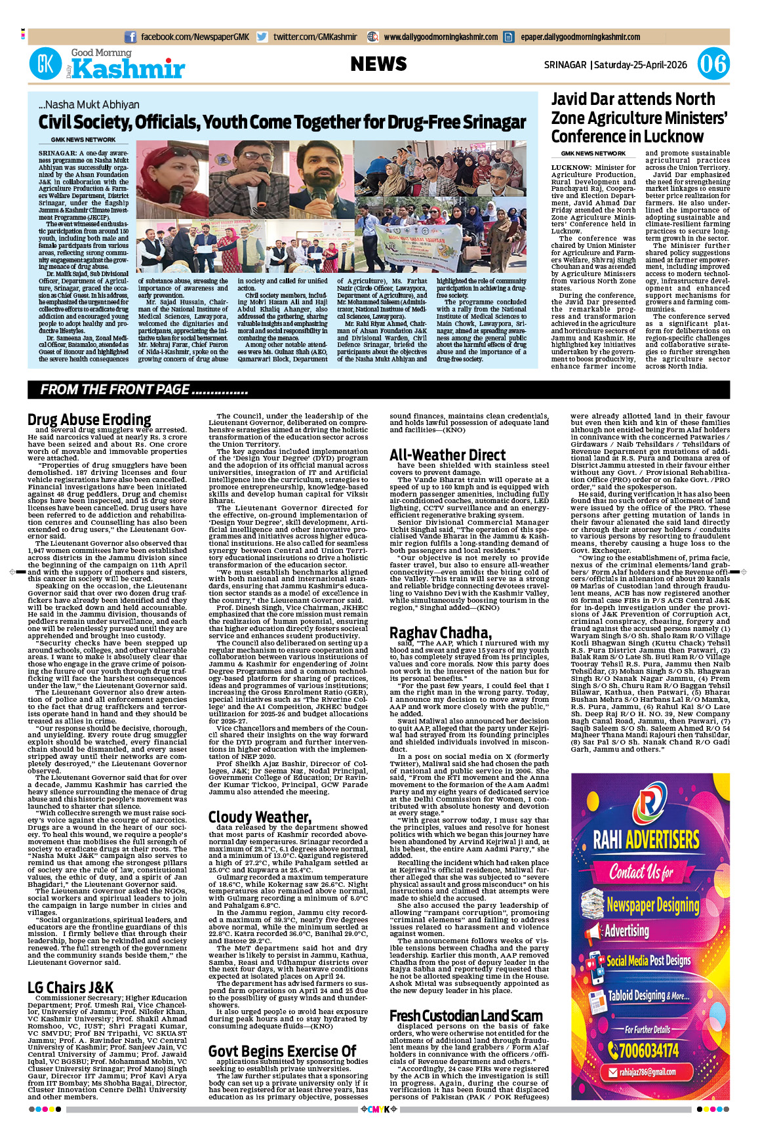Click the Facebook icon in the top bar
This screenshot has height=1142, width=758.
[x=130, y=37]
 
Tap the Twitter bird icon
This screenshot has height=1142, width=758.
[x=262, y=37]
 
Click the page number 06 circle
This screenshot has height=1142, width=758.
[x=713, y=64]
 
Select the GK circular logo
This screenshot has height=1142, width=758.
[x=45, y=64]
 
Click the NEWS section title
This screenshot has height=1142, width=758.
[x=378, y=64]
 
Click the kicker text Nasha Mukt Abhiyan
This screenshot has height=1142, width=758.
[x=89, y=104]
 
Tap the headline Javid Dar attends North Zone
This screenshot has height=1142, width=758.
[x=633, y=100]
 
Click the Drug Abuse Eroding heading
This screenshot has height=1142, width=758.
[x=89, y=420]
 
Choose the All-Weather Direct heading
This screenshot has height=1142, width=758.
[x=447, y=455]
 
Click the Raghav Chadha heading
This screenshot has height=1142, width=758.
[x=440, y=633]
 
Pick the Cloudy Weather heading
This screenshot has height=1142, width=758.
[x=260, y=817]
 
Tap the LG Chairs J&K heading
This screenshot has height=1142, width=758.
[x=70, y=988]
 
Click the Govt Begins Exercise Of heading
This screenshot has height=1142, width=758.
[x=282, y=1051]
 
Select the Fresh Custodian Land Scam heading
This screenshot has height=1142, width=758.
[x=466, y=1016]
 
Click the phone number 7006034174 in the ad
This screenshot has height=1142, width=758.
[x=649, y=1051]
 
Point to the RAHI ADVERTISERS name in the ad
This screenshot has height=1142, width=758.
[x=646, y=840]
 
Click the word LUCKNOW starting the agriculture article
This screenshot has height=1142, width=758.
[x=571, y=168]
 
